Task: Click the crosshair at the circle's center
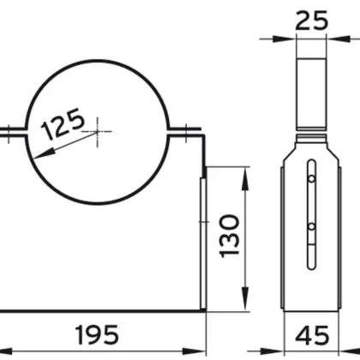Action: click(x=99, y=130)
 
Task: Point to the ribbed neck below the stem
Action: click(x=310, y=141)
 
